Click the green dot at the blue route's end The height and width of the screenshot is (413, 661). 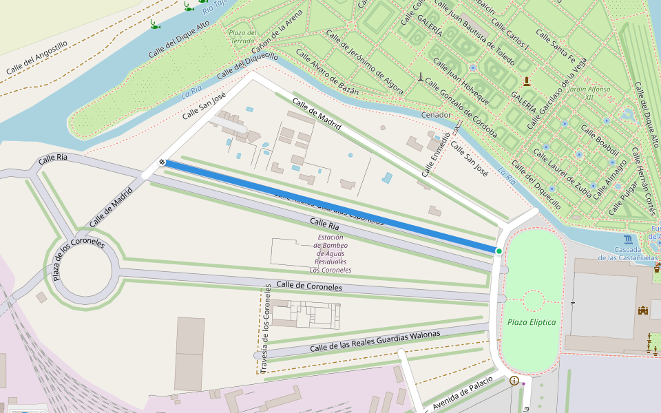pos(499,251)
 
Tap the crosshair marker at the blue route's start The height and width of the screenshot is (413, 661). pos(161,162)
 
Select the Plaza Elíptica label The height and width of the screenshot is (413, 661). pos(531,322)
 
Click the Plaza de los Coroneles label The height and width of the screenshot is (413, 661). pos(77,258)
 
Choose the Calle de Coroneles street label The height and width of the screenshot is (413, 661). pos(309,286)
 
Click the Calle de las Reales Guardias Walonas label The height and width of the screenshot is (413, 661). pos(375,341)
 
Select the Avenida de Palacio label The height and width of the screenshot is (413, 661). pos(463,392)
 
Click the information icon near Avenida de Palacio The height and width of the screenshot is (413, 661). pos(514,381)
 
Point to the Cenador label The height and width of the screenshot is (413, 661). pos(435,114)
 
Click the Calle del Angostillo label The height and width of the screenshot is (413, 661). pos(37,59)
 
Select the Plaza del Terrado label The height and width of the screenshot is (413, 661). pos(242,36)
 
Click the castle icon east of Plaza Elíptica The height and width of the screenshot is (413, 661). pos(643,310)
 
